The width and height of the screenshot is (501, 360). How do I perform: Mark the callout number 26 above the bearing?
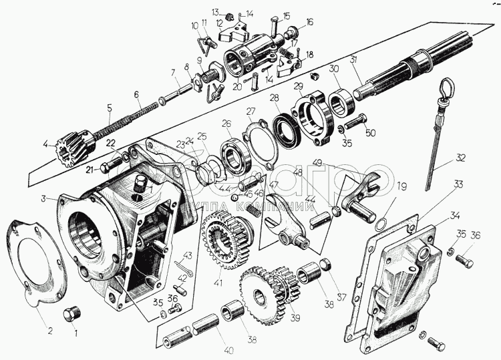(x=226, y=124)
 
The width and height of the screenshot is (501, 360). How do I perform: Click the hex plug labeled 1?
(x=71, y=314)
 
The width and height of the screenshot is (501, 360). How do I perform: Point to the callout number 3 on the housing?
(x=43, y=199)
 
